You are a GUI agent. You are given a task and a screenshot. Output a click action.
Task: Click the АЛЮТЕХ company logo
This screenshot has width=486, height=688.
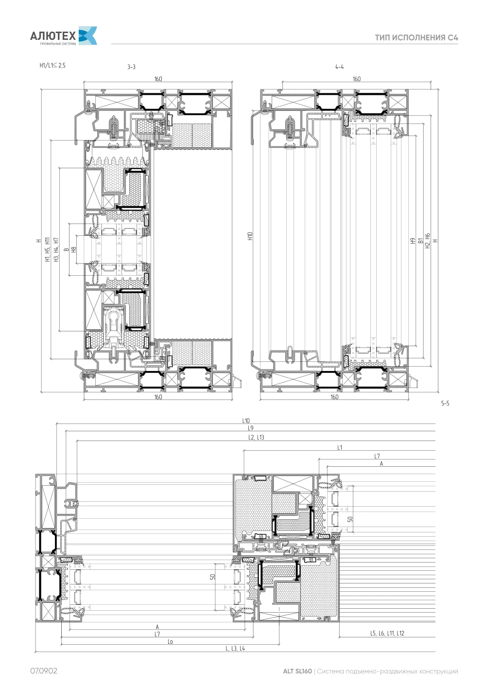click(64, 36)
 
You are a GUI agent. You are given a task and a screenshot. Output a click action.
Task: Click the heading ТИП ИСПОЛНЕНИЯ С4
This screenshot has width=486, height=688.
click(416, 37)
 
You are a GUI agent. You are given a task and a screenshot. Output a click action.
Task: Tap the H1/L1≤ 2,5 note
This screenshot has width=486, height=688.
click(52, 66)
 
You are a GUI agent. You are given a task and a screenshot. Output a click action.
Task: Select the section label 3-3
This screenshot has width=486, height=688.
click(131, 67)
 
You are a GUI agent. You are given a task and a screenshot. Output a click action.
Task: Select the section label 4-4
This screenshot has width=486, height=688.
click(339, 67)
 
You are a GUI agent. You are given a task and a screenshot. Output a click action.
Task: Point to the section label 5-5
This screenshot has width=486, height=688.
click(445, 403)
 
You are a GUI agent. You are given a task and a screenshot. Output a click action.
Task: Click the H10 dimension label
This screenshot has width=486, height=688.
click(250, 236)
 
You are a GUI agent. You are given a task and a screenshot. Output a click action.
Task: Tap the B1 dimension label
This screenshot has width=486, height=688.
click(420, 241)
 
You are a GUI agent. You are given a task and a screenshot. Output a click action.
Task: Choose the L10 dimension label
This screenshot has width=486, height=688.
click(245, 421)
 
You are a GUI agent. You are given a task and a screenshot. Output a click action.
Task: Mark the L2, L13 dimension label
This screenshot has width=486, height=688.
click(256, 438)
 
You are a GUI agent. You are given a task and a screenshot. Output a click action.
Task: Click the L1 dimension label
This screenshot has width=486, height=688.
click(340, 447)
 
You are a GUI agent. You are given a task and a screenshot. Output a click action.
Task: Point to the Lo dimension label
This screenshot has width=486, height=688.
click(170, 642)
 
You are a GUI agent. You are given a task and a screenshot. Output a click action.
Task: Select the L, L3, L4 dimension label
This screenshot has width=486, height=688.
click(235, 649)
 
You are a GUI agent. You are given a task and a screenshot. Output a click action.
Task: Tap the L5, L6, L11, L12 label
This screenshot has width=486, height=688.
click(387, 634)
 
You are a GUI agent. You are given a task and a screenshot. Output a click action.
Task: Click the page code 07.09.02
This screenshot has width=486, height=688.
click(44, 671)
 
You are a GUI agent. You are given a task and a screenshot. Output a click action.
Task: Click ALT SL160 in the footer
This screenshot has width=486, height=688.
click(297, 671)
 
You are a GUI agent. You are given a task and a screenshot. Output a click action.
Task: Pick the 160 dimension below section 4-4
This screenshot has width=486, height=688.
click(334, 397)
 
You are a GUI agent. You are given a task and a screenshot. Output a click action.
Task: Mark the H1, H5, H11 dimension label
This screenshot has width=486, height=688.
click(47, 249)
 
